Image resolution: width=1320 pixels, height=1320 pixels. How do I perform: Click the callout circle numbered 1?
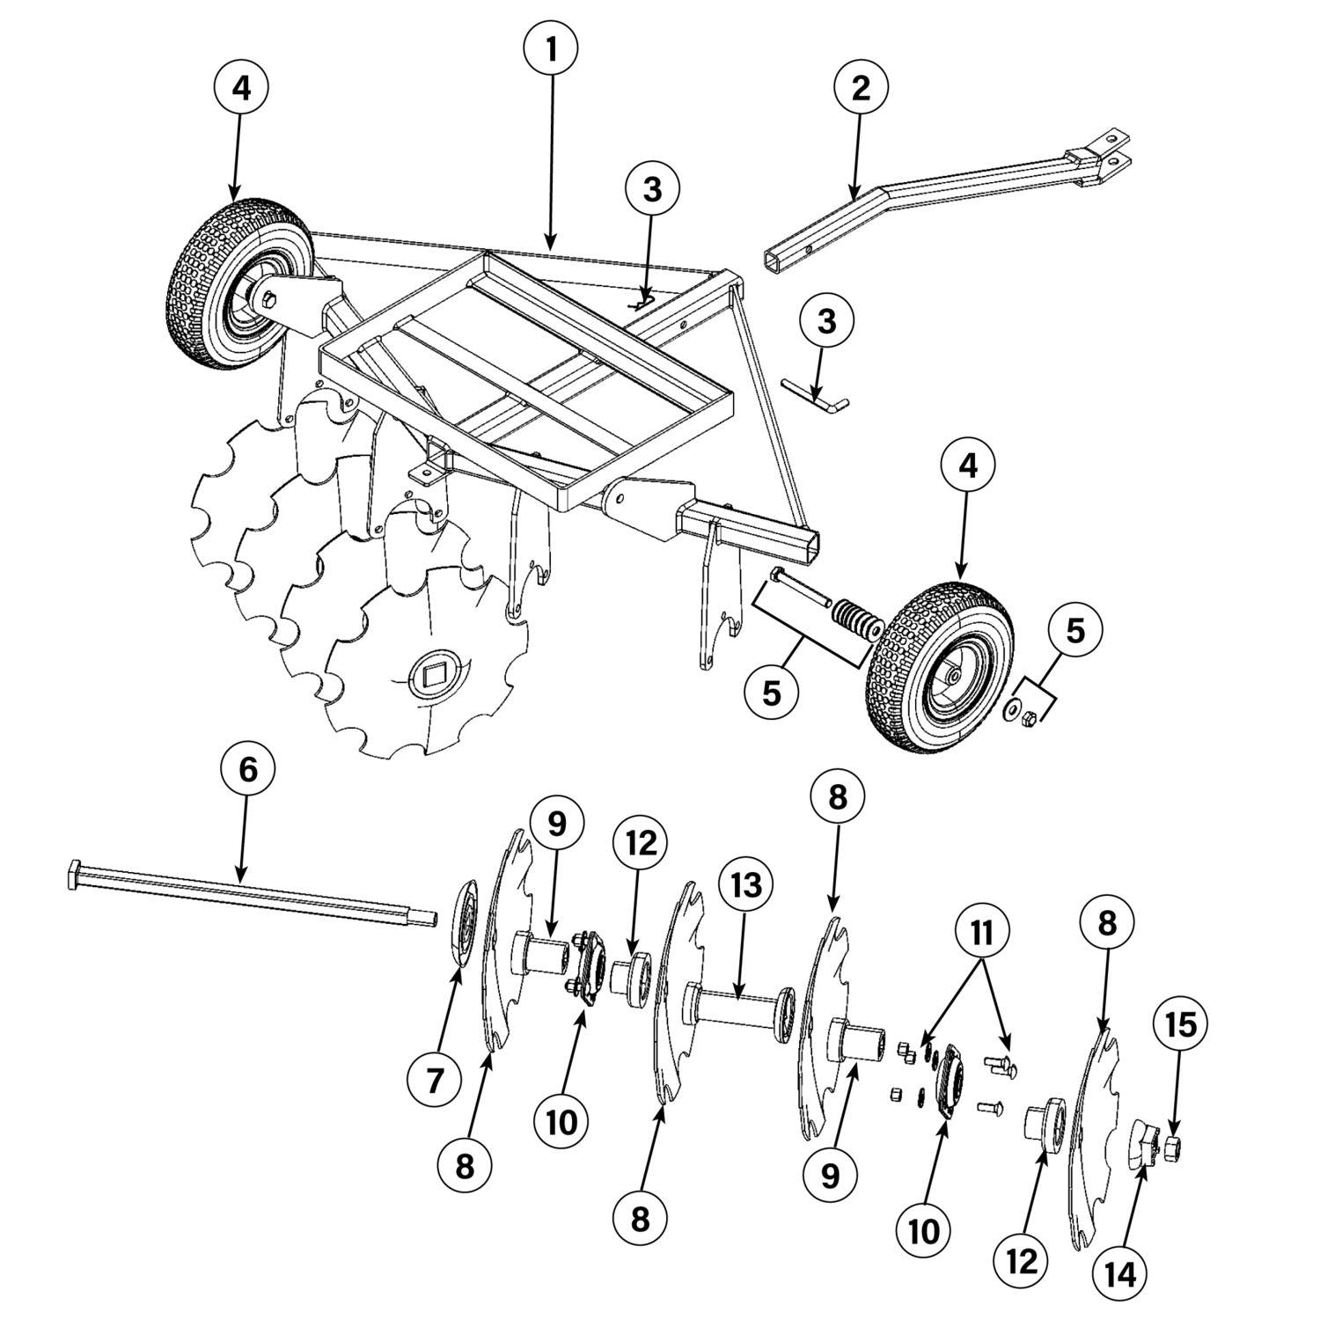(x=551, y=50)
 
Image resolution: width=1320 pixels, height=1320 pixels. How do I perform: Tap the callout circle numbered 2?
(x=860, y=87)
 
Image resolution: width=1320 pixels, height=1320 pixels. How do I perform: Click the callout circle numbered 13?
(x=744, y=885)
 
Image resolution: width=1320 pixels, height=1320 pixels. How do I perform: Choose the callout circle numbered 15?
(x=1181, y=1024)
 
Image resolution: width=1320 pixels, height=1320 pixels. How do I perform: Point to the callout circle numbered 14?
(x=1121, y=1273)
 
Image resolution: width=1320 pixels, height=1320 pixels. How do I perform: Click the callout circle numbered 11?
(x=983, y=933)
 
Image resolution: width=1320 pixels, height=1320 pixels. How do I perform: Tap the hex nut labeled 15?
(x=1172, y=1147)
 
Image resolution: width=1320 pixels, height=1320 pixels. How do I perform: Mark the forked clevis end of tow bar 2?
(x=1108, y=150)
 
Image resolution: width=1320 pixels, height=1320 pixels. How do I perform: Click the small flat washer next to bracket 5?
(x=1013, y=707)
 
